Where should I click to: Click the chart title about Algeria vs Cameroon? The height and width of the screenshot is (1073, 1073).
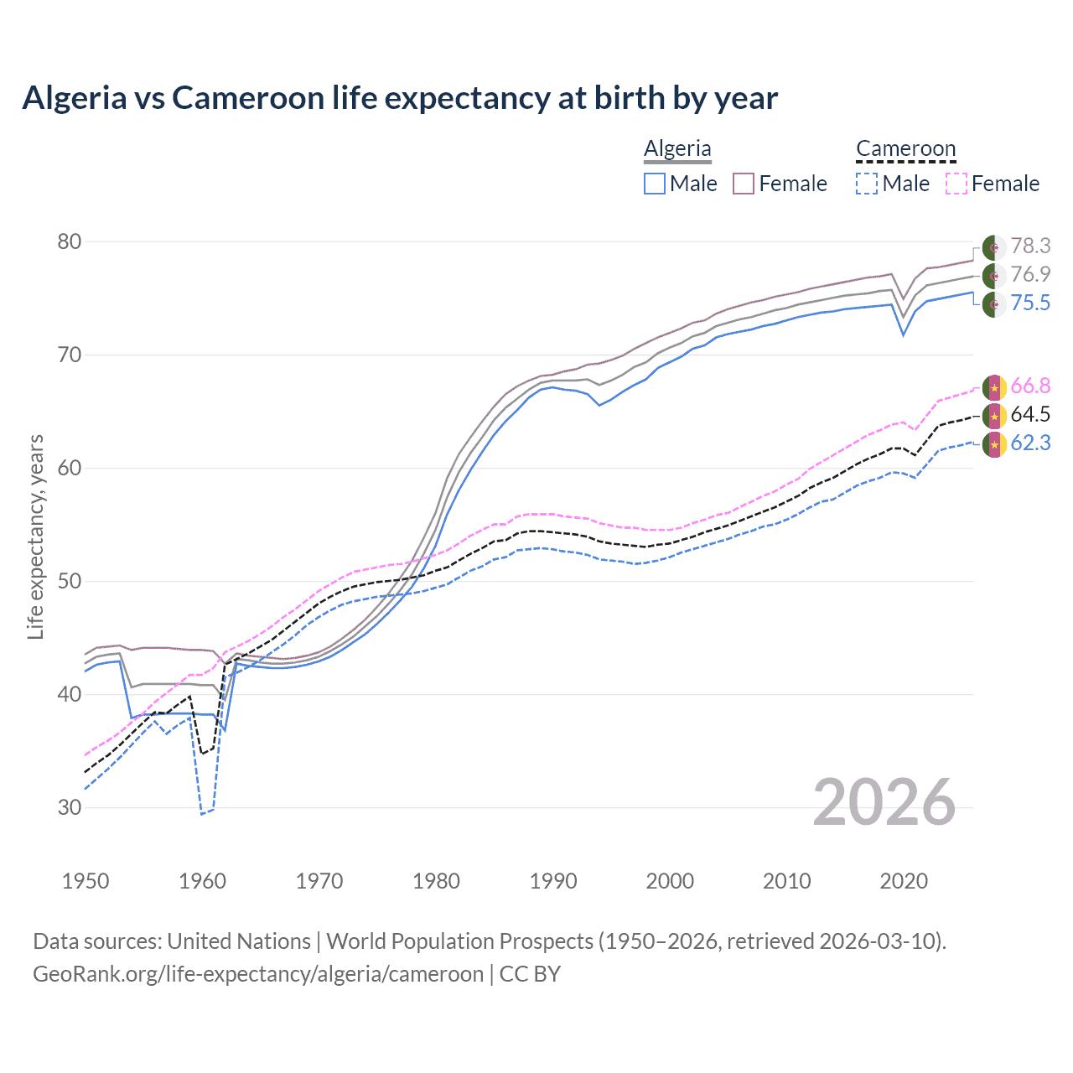(400, 98)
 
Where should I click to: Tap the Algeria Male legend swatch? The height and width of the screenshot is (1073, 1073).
(655, 184)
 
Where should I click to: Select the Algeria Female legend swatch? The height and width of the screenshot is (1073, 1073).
(744, 184)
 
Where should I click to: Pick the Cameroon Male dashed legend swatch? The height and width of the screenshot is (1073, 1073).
(867, 184)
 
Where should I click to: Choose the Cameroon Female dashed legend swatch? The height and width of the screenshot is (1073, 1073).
(956, 184)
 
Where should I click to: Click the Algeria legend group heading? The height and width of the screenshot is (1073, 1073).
(677, 148)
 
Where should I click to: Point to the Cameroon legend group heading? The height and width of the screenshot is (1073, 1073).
(905, 148)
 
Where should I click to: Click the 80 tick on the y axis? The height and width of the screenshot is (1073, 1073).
(69, 242)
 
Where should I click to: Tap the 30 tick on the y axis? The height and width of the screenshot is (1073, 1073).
(69, 807)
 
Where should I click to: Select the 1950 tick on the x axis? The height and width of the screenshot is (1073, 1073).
(86, 881)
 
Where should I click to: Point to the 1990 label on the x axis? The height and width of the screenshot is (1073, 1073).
(553, 881)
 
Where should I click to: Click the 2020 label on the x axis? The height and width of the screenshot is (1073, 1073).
(904, 881)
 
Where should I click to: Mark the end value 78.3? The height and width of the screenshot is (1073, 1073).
(1030, 246)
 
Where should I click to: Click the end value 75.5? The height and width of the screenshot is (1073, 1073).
(1030, 303)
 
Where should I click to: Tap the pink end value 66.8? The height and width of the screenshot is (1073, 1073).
(1030, 386)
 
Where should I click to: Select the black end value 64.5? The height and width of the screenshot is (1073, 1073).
(1030, 414)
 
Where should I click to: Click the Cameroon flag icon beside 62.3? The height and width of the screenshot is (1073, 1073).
(994, 443)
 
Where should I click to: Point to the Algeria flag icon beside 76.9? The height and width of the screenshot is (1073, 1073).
(994, 275)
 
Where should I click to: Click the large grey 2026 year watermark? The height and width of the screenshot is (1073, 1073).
(884, 802)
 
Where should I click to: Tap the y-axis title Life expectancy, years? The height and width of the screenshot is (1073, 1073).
(35, 536)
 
